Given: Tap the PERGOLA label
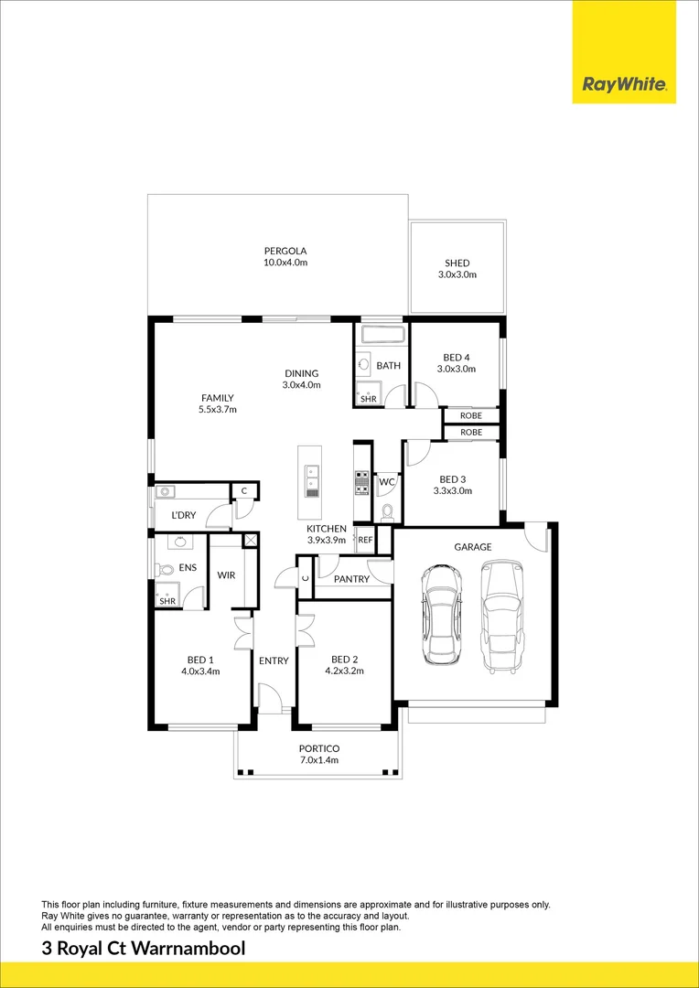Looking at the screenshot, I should [x=285, y=251].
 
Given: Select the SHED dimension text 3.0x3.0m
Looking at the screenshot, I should [x=457, y=274].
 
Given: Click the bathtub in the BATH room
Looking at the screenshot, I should [x=382, y=335].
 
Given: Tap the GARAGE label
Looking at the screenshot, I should [x=473, y=547].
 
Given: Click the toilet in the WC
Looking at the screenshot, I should [x=386, y=511].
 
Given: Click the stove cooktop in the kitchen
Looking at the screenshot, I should [x=361, y=481].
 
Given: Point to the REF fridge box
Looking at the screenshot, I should [x=365, y=541].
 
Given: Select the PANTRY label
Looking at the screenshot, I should [x=351, y=579].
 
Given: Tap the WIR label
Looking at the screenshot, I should [x=226, y=575].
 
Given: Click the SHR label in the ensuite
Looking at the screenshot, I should [x=167, y=601].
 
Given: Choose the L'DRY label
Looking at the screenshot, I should [x=184, y=515].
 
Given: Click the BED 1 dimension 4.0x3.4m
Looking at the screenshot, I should [x=200, y=671].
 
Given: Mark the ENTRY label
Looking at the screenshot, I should [x=274, y=660].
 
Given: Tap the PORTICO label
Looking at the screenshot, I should [x=318, y=748].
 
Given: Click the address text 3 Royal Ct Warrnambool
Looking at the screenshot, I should [x=144, y=949].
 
